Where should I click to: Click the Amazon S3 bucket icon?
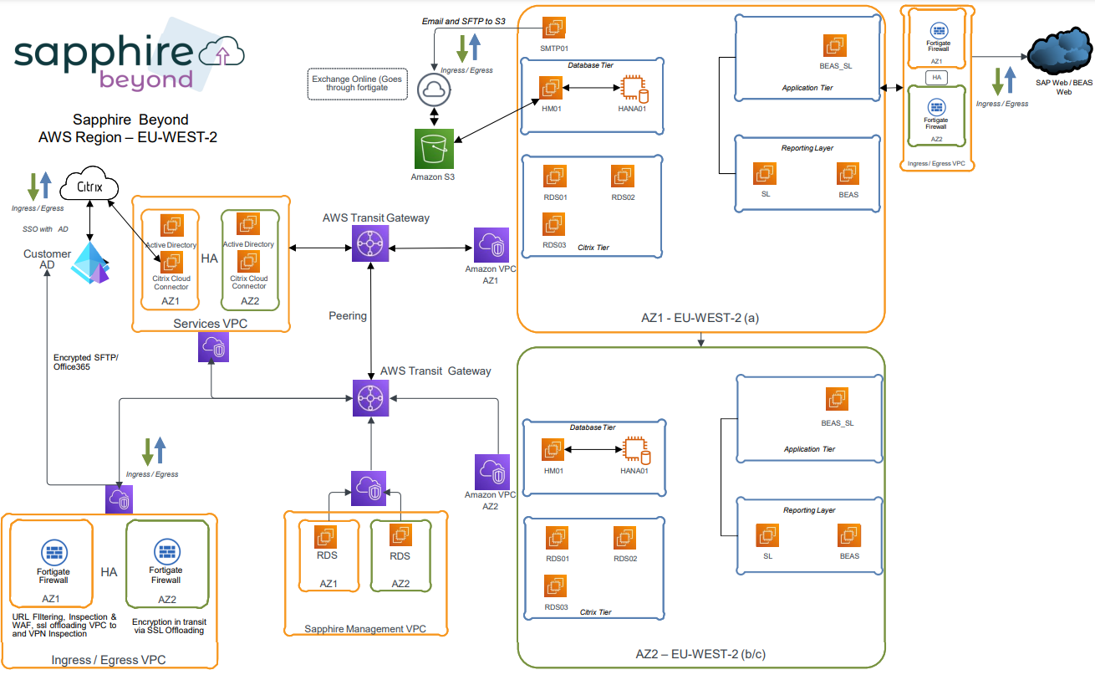(x=433, y=149)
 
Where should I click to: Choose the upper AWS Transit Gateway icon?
(x=369, y=247)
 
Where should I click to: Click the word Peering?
(x=348, y=316)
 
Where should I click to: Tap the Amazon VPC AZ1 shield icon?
(x=490, y=247)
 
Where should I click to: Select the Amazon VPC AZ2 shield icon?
(x=491, y=473)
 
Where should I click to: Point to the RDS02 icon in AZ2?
(x=624, y=538)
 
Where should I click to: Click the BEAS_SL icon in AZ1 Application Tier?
(x=834, y=46)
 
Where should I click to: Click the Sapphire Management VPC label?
(x=365, y=629)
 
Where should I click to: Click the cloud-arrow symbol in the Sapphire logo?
(x=222, y=54)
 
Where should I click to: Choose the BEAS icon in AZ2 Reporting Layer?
(x=849, y=535)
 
